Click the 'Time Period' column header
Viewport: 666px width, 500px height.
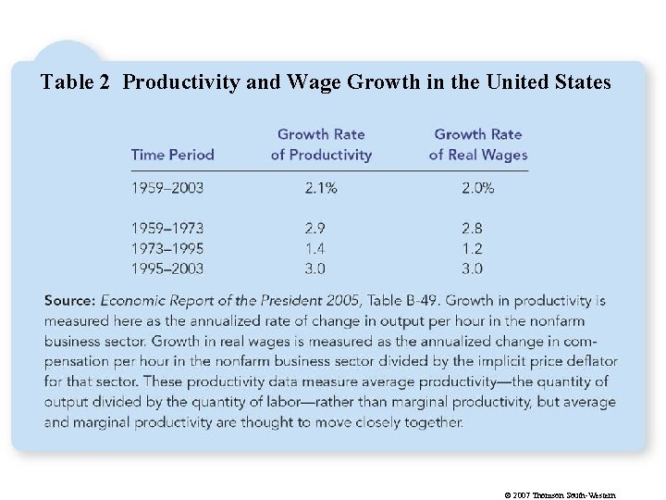172,155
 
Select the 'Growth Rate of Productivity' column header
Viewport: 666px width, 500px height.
321,144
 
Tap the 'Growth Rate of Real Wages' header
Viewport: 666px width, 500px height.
477,144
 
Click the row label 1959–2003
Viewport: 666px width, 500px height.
167,188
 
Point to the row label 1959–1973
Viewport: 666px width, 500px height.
167,228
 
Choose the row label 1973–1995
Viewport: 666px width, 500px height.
167,248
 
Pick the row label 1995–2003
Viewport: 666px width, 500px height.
167,269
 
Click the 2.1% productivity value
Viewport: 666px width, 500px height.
321,188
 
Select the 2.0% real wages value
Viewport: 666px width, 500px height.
477,188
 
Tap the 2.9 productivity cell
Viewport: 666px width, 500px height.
315,228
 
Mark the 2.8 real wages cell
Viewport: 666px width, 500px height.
472,228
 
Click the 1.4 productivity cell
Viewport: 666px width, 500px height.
315,248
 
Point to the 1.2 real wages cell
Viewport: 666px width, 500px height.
472,248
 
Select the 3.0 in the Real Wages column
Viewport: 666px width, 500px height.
472,269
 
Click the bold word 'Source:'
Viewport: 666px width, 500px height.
69,301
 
